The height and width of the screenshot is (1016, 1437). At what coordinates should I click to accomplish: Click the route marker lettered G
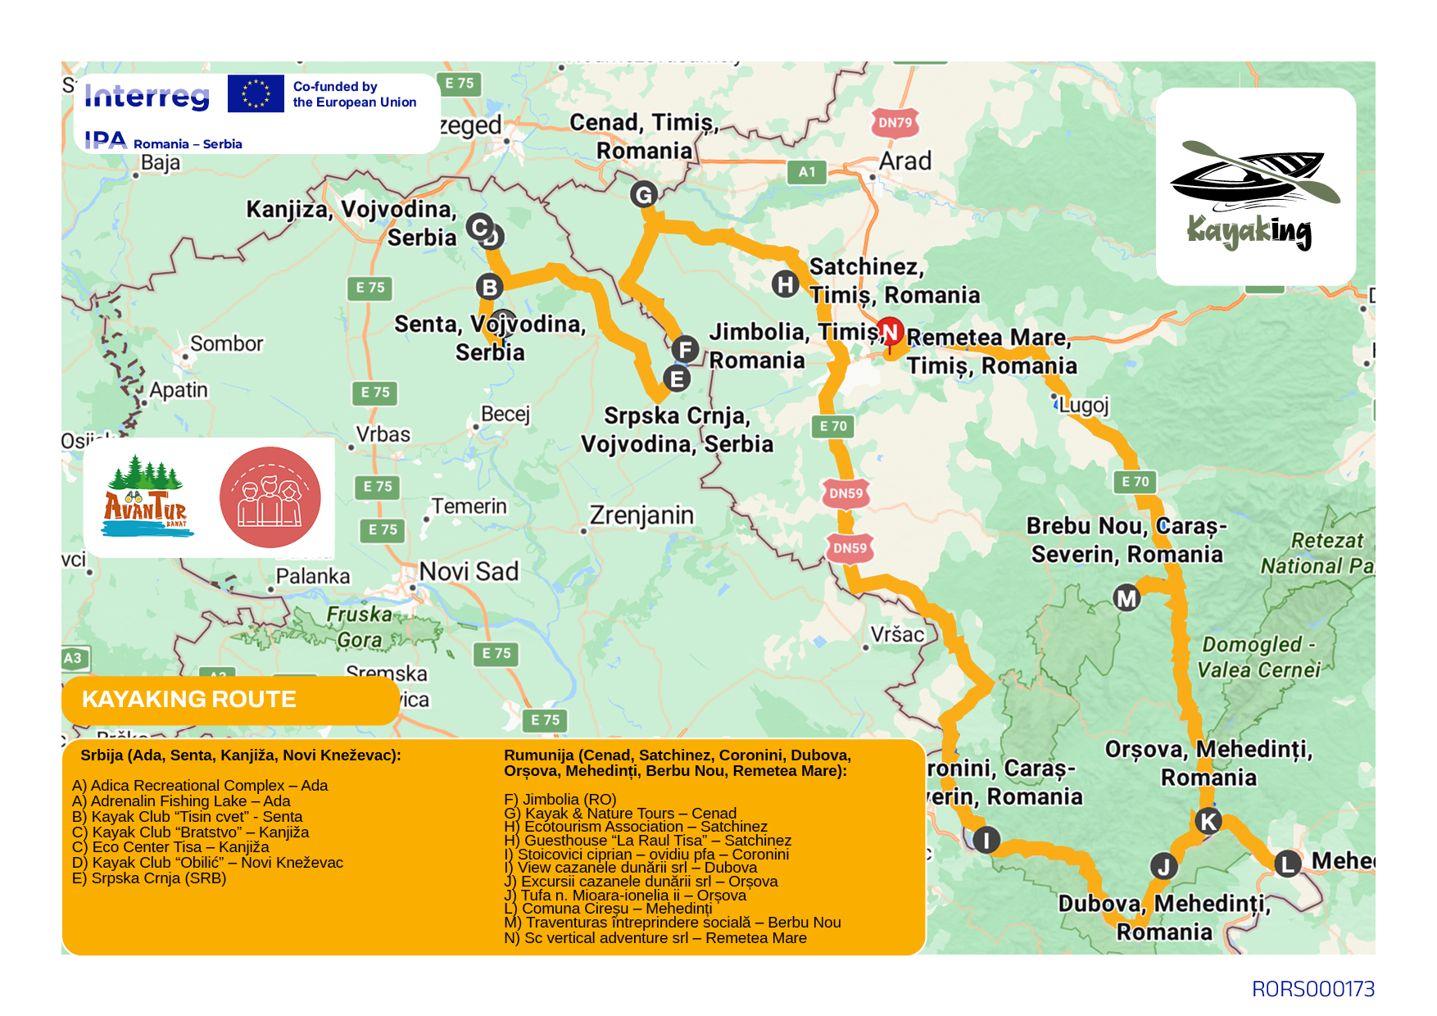click(644, 195)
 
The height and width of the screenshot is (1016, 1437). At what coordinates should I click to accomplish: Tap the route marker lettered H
click(785, 284)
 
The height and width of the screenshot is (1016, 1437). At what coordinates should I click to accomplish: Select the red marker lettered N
click(891, 332)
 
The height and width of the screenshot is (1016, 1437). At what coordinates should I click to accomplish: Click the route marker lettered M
click(1126, 598)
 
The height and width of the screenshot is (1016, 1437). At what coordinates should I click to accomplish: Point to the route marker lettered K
click(1208, 821)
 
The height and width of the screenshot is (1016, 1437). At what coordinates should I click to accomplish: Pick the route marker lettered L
click(1287, 863)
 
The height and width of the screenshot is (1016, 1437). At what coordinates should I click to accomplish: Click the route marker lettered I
click(986, 840)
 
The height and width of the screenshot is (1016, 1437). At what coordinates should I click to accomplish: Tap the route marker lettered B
click(489, 287)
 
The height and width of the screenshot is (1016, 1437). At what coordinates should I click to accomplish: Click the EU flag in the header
click(256, 93)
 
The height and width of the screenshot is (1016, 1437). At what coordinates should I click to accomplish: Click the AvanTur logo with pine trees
click(147, 497)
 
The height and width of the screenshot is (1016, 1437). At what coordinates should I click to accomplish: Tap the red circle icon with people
click(270, 497)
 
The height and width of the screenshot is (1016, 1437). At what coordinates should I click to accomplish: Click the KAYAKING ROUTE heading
click(189, 699)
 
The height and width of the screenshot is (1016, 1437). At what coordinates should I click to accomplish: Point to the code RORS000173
click(1312, 989)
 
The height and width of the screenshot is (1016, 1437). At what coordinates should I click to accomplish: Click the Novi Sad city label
click(469, 571)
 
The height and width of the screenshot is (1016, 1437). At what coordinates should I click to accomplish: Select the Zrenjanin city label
click(641, 515)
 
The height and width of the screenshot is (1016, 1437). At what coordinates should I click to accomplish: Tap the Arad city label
click(904, 161)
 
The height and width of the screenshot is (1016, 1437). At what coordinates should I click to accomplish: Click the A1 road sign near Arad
click(807, 172)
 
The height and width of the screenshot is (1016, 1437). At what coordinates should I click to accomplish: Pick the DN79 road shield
click(895, 123)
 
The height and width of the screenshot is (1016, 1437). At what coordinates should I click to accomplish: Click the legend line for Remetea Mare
click(655, 938)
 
